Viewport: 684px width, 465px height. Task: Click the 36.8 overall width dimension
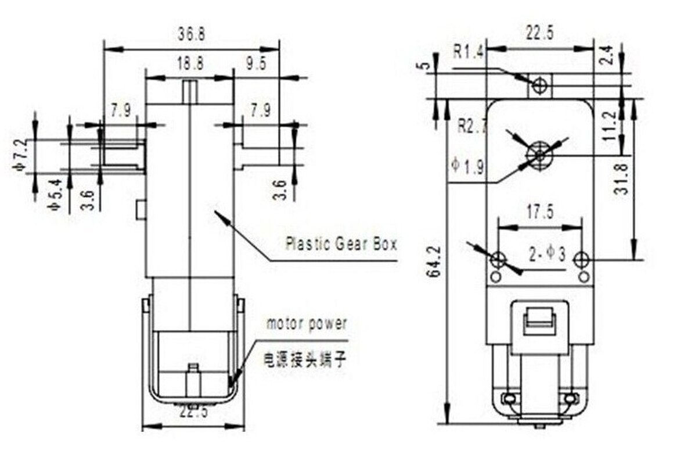[x=191, y=35]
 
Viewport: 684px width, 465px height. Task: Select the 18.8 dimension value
[x=190, y=64]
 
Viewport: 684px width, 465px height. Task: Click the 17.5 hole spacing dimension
[x=540, y=213]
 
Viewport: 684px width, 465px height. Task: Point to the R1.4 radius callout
[x=468, y=53]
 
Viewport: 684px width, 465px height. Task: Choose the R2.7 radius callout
[x=471, y=126]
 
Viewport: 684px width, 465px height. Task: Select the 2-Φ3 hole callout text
[x=547, y=255]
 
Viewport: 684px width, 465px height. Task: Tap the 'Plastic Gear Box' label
[x=341, y=244]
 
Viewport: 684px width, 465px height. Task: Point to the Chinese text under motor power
[x=304, y=360]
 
